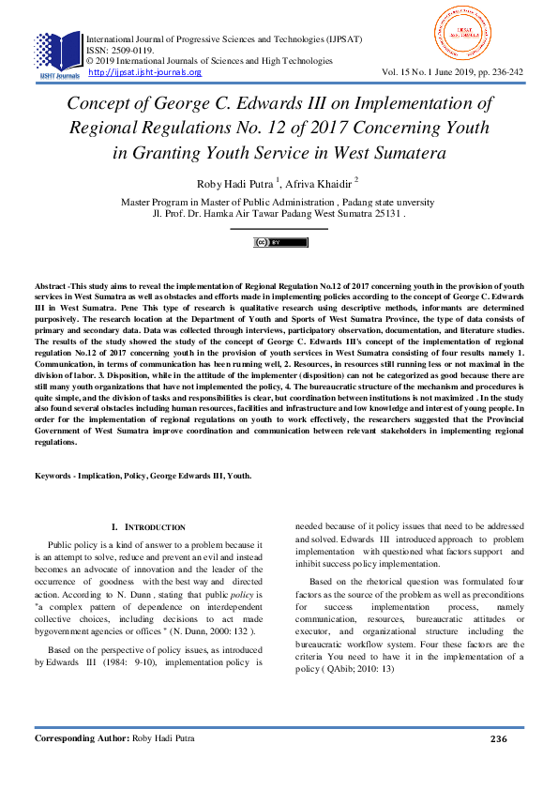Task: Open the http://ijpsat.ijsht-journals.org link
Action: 144,72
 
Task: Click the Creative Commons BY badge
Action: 279,242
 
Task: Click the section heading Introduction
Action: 156,528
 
